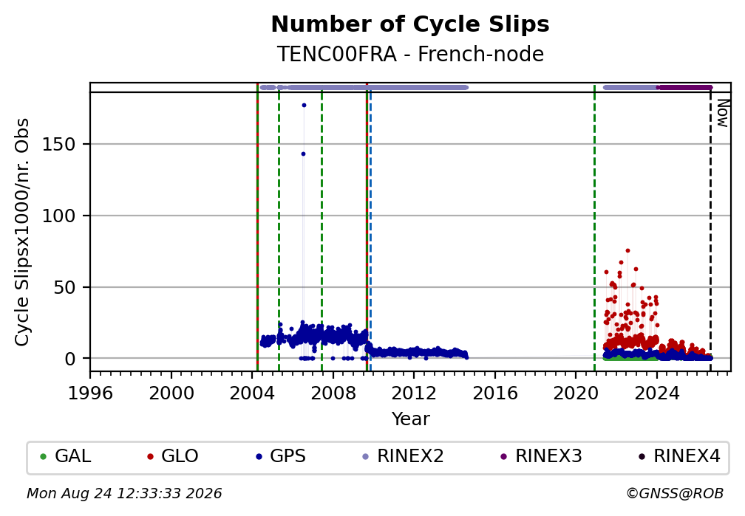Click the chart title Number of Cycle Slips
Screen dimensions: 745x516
point(410,24)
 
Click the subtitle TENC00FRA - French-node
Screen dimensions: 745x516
point(410,54)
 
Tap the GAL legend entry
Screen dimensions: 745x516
point(66,456)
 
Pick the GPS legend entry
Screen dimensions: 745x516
point(280,456)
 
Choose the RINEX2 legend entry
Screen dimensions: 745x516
point(403,456)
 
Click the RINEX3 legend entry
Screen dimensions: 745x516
point(541,456)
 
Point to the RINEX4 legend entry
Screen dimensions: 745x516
point(679,456)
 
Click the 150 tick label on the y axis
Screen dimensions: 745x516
point(59,144)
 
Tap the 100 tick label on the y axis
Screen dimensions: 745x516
point(59,216)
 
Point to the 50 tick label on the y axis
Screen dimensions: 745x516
point(64,287)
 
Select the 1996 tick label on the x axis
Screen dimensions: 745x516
point(90,393)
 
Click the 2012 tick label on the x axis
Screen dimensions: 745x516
point(414,393)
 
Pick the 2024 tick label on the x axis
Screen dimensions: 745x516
point(656,393)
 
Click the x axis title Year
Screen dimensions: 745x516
point(410,419)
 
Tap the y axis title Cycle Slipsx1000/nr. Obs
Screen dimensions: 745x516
point(22,232)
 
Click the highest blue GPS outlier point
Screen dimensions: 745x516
point(304,105)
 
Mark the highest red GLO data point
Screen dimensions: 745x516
point(627,251)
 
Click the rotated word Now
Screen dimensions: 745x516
point(722,113)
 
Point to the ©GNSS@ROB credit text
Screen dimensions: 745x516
point(675,494)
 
